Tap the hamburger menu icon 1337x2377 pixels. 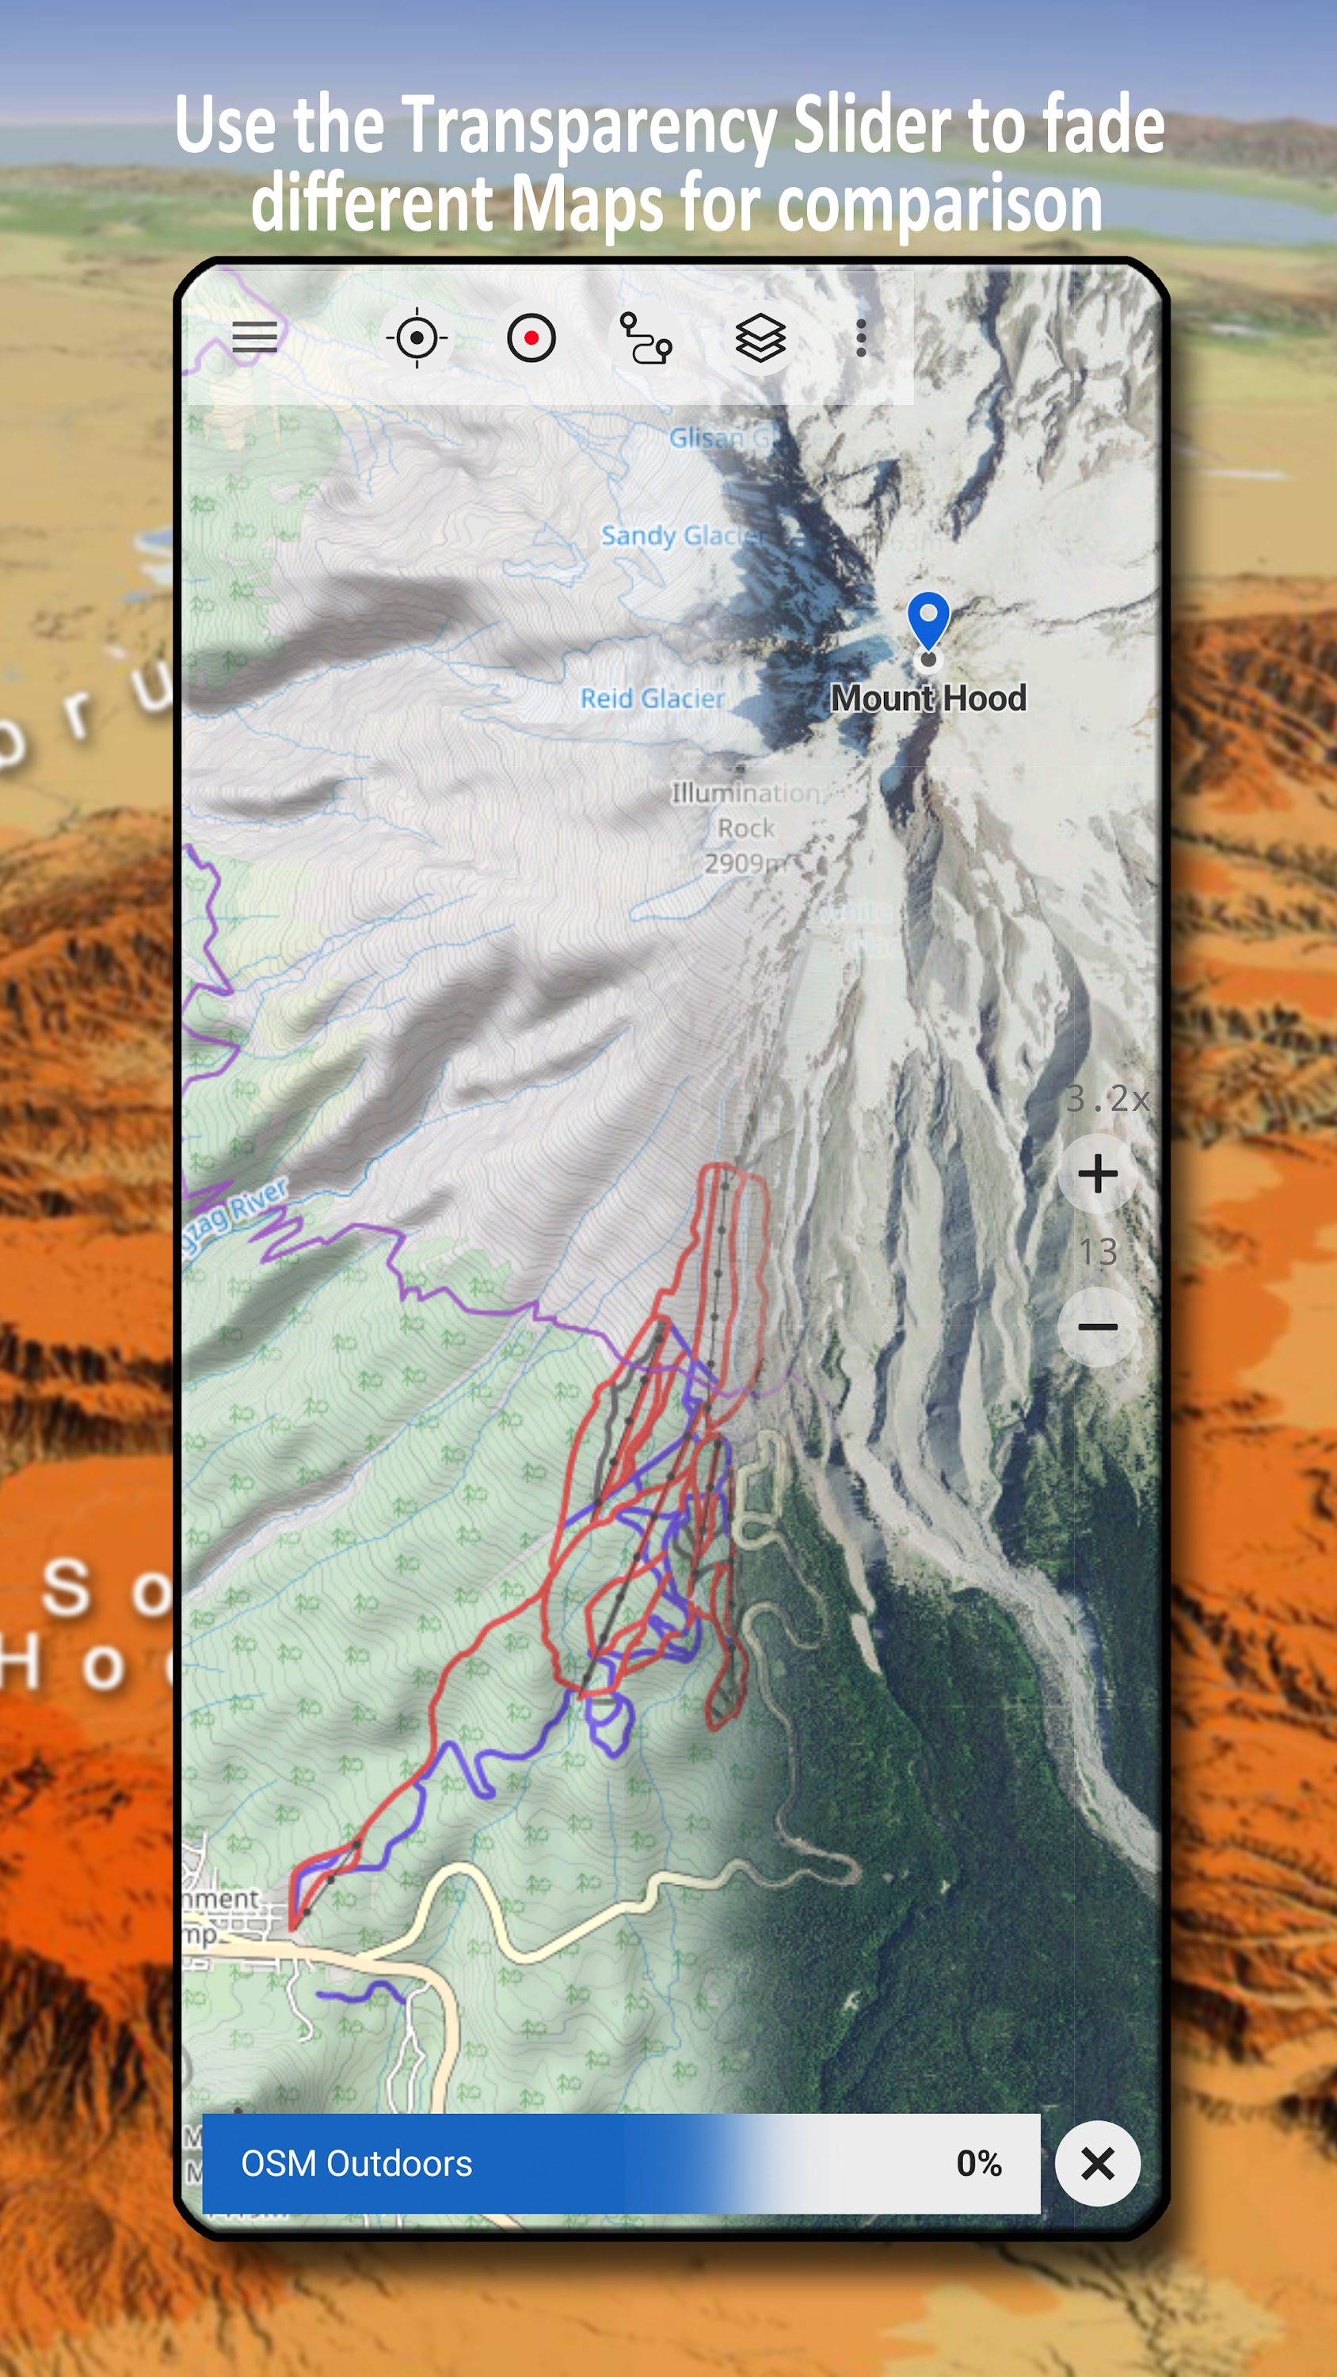pos(255,338)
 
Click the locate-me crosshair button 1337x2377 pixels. pos(417,338)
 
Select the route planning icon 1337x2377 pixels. pos(645,338)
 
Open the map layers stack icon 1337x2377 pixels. pos(760,338)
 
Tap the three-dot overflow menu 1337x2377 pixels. pos(861,338)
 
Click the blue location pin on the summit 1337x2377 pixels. pos(928,621)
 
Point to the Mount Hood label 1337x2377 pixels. pos(928,699)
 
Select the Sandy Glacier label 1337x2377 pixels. pos(683,535)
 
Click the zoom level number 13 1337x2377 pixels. pos(1097,1252)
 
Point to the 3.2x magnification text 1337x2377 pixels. pos(1107,1098)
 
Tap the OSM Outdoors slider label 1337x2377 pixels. pos(356,2164)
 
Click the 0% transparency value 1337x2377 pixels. pos(978,2164)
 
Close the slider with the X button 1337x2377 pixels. pos(1097,2164)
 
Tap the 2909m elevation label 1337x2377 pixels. pos(744,864)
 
